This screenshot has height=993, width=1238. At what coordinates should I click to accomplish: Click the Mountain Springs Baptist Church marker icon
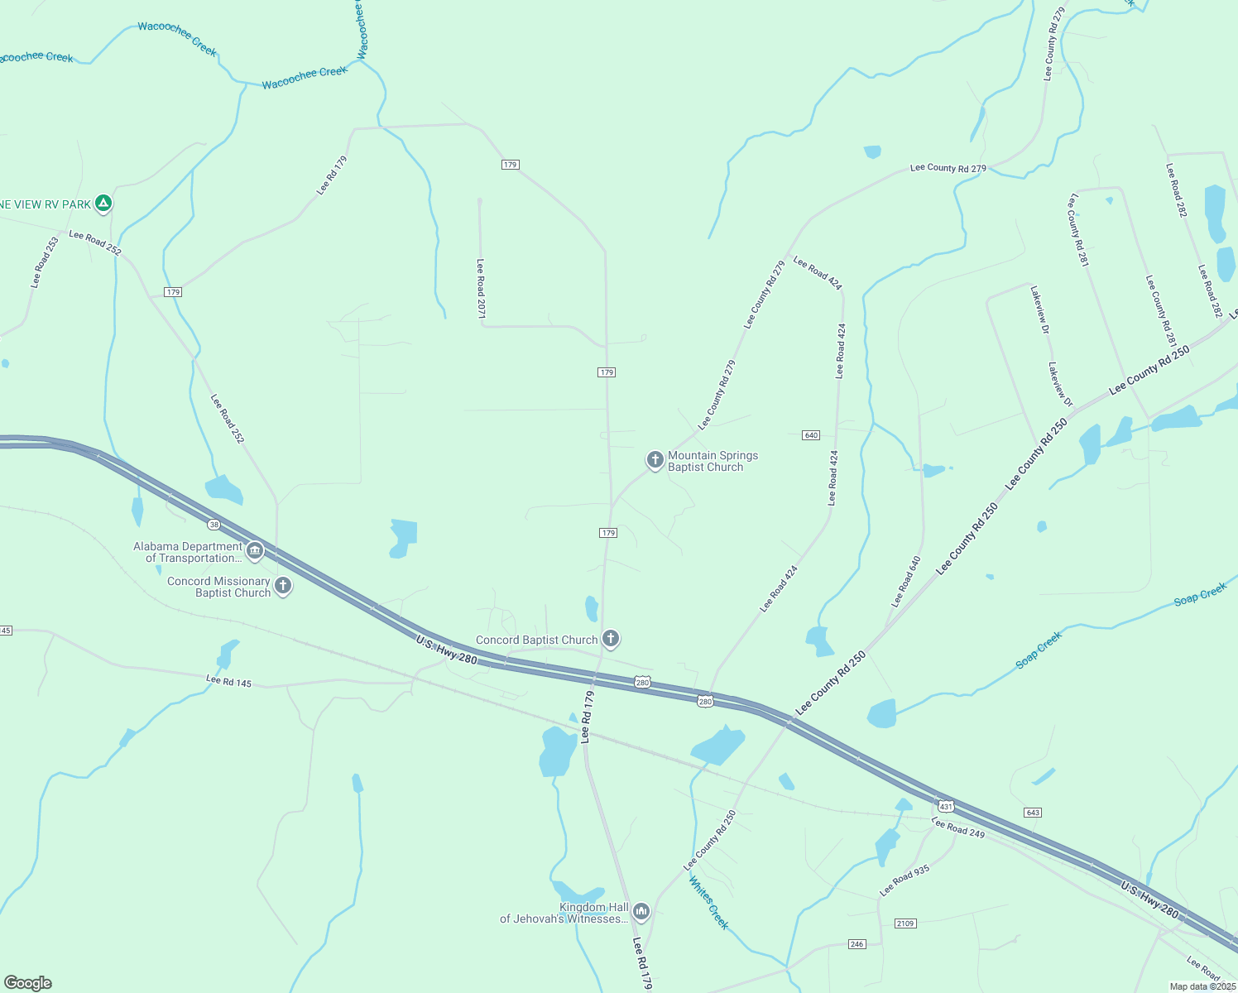pos(655,460)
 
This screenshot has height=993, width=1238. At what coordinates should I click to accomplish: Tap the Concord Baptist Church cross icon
pos(611,638)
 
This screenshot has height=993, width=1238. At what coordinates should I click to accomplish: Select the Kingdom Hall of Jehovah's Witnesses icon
pos(641,912)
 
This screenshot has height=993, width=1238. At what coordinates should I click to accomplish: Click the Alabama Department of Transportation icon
pos(255,550)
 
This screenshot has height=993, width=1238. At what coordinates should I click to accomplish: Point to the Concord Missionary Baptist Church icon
pos(283,586)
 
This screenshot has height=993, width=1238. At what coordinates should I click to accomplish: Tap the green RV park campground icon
pos(103,203)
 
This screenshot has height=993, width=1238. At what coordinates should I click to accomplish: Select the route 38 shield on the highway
pos(214,525)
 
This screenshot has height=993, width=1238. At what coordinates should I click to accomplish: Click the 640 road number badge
pos(811,435)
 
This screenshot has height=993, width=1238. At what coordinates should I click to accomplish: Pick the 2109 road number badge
pos(905,923)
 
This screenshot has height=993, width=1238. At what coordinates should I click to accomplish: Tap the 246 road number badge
pos(857,944)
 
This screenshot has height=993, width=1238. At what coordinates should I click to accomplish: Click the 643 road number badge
pos(1032,812)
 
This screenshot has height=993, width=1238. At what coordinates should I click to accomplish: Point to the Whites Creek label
pos(708,904)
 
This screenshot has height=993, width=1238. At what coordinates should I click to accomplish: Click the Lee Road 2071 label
pos(481,288)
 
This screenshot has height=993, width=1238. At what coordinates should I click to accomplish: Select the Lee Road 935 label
pos(905,880)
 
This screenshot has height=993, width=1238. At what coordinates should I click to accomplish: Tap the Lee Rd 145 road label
pos(228,682)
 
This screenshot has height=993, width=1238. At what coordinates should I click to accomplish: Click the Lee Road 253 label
pos(46,262)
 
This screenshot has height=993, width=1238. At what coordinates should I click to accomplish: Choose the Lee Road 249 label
pos(958,827)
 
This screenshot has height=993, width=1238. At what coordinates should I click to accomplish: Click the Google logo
pos(27,983)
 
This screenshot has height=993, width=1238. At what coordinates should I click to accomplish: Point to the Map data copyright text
pos(1202,986)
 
